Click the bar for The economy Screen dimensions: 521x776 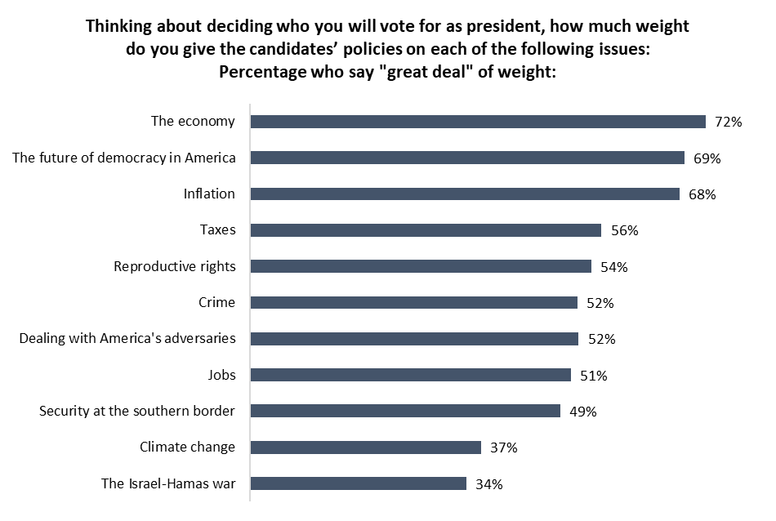click(x=478, y=122)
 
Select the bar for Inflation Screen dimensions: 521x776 click(x=465, y=194)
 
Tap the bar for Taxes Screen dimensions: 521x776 click(x=426, y=230)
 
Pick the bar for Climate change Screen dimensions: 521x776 click(x=365, y=447)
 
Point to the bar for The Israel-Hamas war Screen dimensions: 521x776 click(x=358, y=483)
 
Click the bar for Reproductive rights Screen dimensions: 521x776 click(x=421, y=266)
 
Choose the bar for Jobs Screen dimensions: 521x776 click(x=410, y=375)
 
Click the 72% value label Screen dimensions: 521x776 click(x=729, y=122)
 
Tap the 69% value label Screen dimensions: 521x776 click(x=707, y=158)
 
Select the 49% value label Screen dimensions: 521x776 click(x=583, y=412)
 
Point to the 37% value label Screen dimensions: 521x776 click(x=504, y=448)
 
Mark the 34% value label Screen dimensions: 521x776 click(x=489, y=483)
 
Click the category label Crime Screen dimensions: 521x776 click(x=216, y=302)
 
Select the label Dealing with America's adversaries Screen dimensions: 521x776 click(x=127, y=338)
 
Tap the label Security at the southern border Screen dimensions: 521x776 click(x=137, y=411)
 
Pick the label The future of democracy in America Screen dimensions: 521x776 click(x=124, y=158)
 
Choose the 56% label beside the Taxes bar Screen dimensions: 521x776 click(x=625, y=230)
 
